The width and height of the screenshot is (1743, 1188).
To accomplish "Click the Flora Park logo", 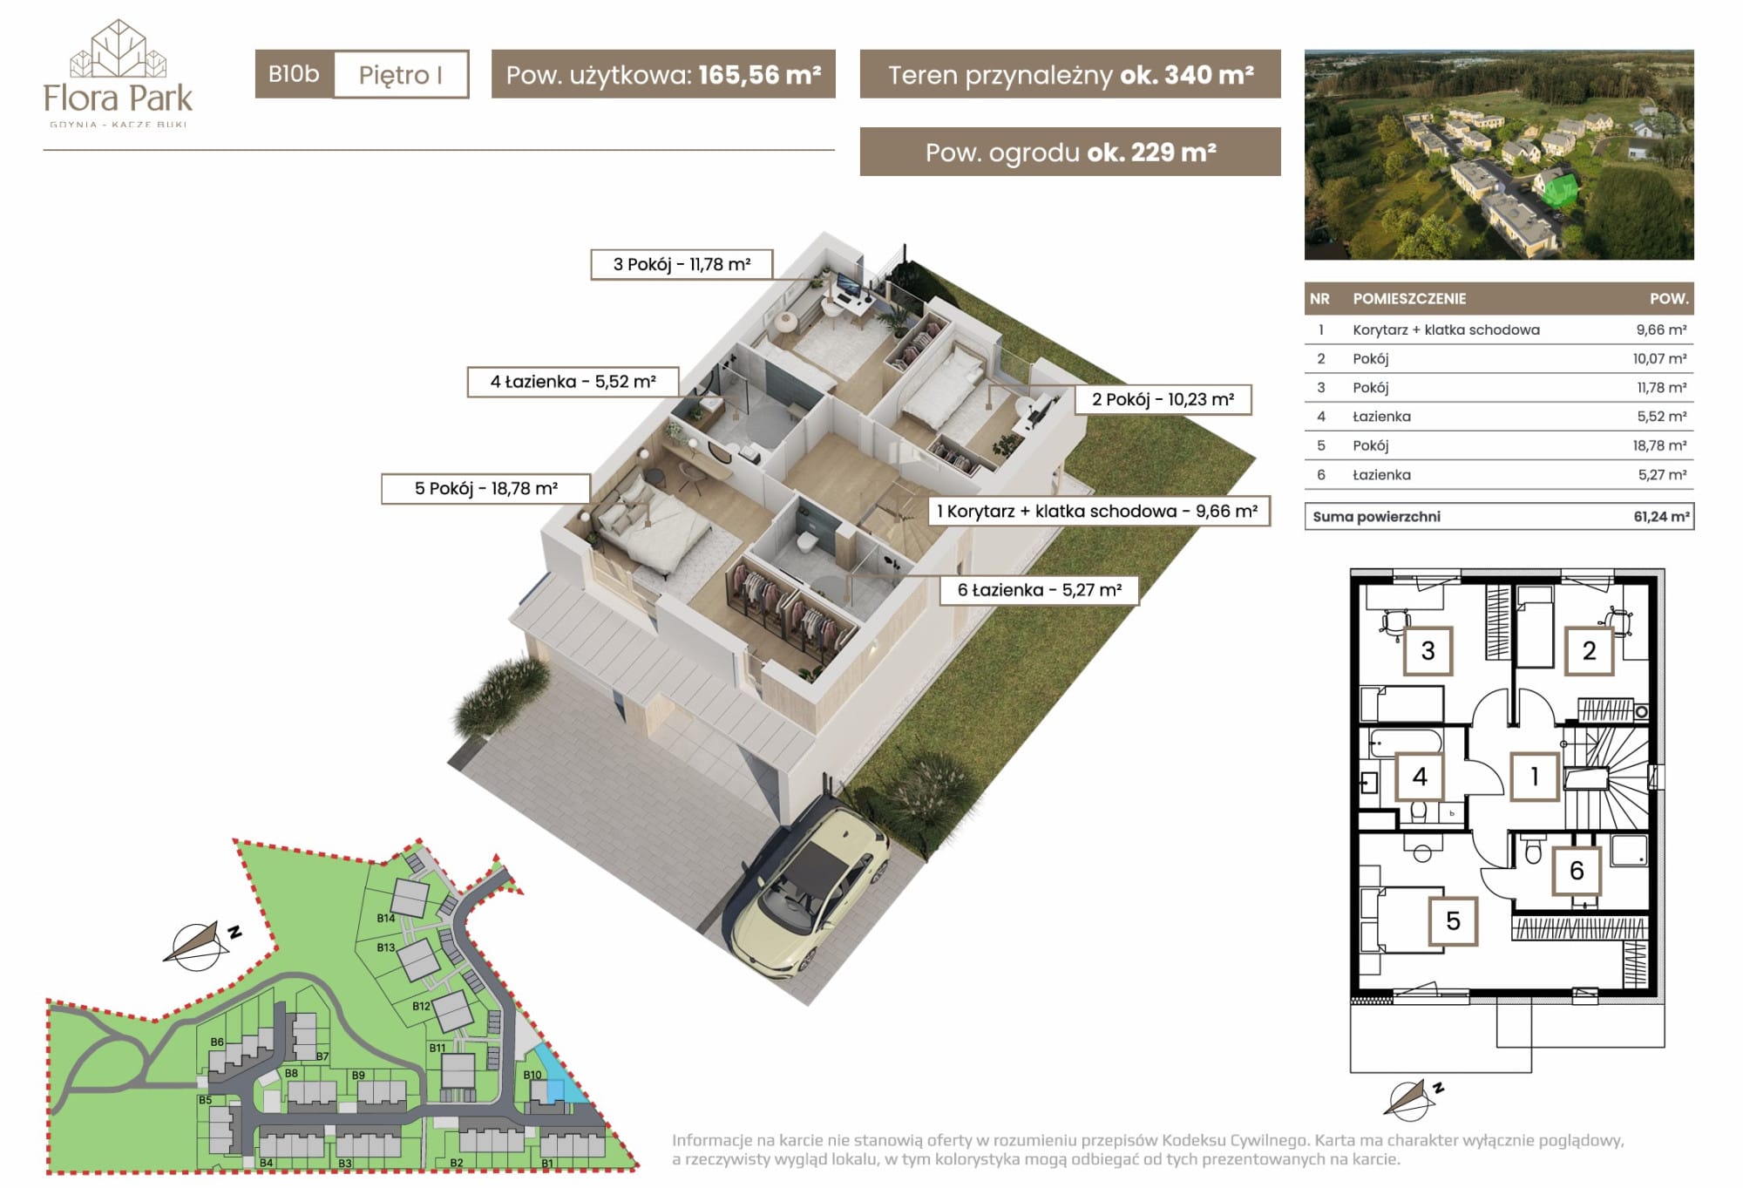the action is pyautogui.click(x=118, y=73).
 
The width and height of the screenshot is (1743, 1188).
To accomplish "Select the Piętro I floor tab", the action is pyautogui.click(x=401, y=74).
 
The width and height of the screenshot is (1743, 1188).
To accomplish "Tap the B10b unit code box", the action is pyautogui.click(x=295, y=74).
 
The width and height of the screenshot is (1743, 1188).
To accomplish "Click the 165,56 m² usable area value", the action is pyautogui.click(x=759, y=74).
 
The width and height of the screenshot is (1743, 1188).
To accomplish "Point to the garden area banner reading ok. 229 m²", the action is pyautogui.click(x=1070, y=152).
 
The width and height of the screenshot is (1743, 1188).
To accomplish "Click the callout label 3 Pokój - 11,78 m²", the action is pyautogui.click(x=682, y=264).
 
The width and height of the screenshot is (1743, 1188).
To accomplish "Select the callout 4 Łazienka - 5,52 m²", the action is pyautogui.click(x=573, y=382).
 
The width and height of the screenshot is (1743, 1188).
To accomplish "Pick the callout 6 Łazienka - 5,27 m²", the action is pyautogui.click(x=1039, y=590).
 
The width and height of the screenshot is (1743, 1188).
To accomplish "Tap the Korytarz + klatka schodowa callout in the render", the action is pyautogui.click(x=1098, y=511).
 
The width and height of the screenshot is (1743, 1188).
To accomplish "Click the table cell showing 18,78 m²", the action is pyautogui.click(x=1659, y=445).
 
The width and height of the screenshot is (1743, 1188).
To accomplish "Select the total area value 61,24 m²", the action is pyautogui.click(x=1661, y=516).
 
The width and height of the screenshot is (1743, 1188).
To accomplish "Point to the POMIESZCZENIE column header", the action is pyautogui.click(x=1409, y=298).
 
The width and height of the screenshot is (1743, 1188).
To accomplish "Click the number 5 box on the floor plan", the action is pyautogui.click(x=1453, y=921).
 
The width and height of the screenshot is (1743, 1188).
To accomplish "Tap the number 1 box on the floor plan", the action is pyautogui.click(x=1534, y=776).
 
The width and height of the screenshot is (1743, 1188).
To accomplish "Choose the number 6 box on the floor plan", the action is pyautogui.click(x=1576, y=870).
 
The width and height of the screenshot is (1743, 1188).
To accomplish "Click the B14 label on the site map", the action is pyautogui.click(x=386, y=918).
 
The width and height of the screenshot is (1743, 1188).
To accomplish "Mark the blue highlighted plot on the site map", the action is pyautogui.click(x=555, y=1076).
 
